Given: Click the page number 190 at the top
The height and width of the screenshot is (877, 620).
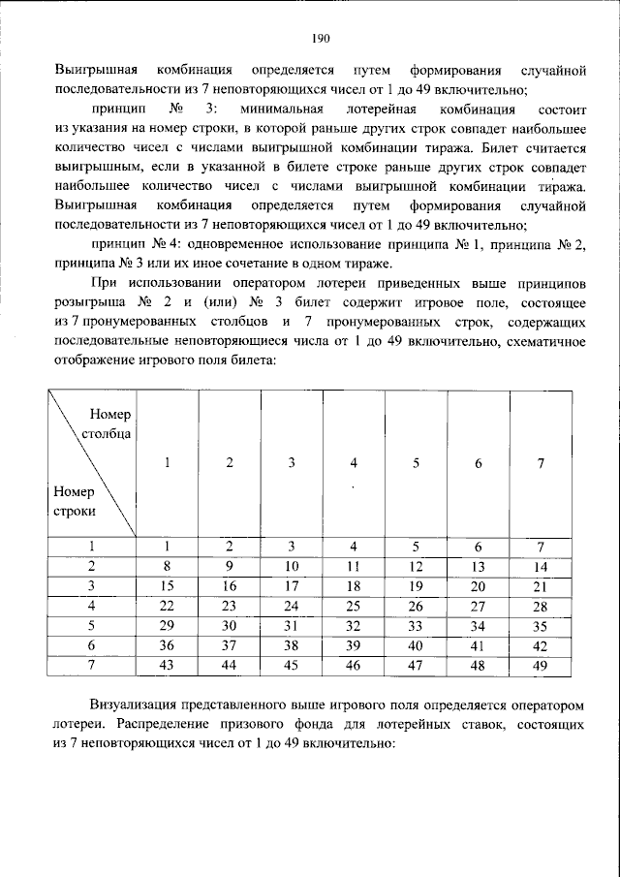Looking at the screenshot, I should (322, 39).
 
